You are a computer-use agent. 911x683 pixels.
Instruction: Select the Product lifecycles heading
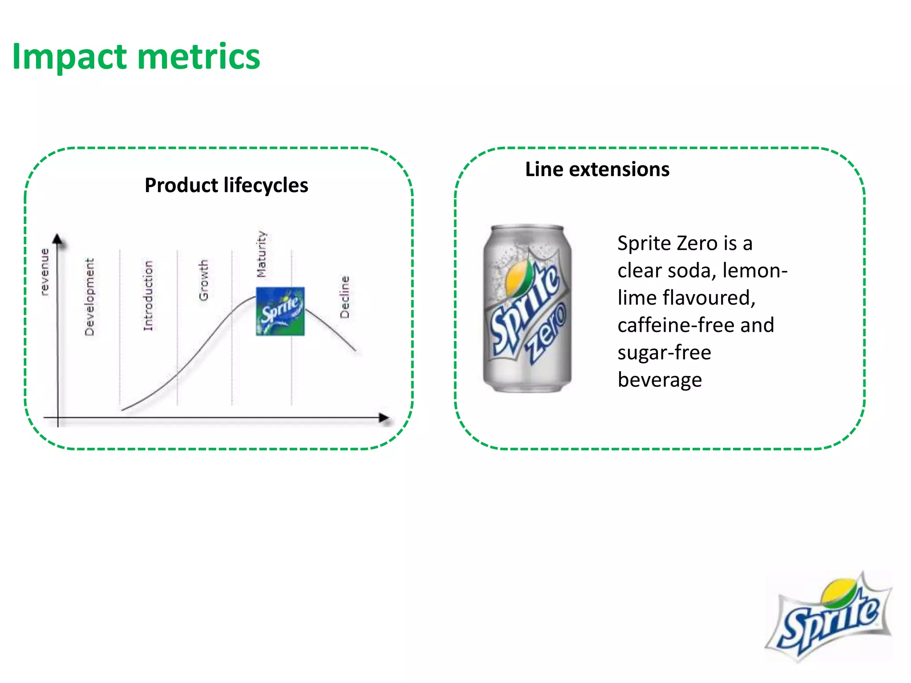[x=226, y=185]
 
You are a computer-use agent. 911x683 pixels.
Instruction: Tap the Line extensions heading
[x=597, y=169]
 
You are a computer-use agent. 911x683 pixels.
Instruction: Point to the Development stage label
[x=89, y=297]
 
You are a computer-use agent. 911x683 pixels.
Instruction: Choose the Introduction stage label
[x=148, y=296]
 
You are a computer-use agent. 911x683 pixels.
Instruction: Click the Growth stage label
[x=203, y=280]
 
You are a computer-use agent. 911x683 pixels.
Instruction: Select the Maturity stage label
[x=262, y=254]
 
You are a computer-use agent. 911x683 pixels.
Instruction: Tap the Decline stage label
[x=345, y=297]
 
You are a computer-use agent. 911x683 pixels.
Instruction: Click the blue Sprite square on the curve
[x=280, y=311]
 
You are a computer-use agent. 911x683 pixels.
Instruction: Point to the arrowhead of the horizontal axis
[x=383, y=418]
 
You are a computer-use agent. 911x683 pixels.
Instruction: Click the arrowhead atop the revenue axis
[x=57, y=239]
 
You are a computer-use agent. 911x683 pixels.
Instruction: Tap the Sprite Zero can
[x=527, y=309]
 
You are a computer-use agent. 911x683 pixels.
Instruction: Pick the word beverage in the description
[x=659, y=380]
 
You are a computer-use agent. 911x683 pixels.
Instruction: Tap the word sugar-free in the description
[x=664, y=353]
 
